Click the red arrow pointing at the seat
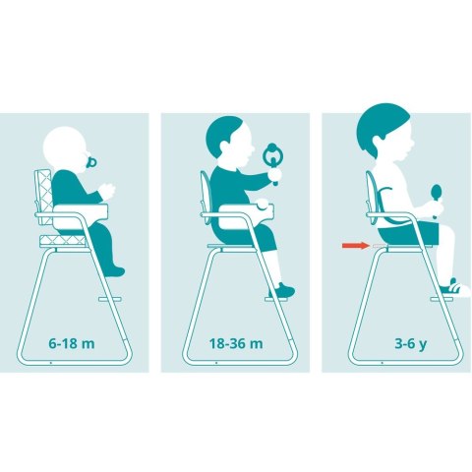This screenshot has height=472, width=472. (356, 245)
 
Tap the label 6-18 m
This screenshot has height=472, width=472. (72, 343)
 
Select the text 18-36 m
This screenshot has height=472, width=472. (236, 343)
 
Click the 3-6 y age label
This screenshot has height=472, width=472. (411, 344)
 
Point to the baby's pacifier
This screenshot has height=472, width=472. (90, 162)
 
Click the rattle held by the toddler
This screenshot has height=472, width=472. (272, 160)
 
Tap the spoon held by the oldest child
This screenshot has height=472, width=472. (437, 199)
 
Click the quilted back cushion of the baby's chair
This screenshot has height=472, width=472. (43, 197)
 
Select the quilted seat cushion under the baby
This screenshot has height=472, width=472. (63, 241)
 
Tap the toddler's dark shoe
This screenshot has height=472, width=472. (282, 290)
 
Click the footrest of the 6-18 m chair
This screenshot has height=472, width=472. (110, 299)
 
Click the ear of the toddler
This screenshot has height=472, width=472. (224, 147)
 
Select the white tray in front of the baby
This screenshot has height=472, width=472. (81, 215)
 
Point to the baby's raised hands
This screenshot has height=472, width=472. (107, 191)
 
